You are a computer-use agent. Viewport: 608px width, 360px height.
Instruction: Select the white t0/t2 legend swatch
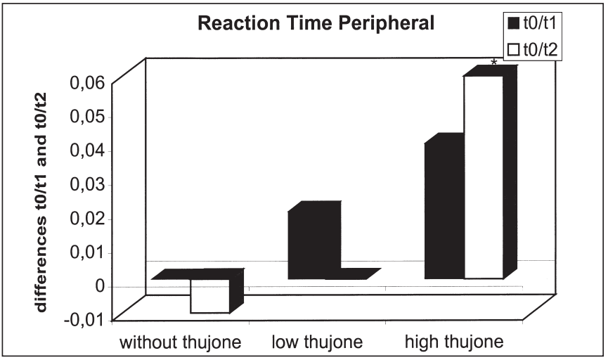512,51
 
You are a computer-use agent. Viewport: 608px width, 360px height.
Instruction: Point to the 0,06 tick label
86,83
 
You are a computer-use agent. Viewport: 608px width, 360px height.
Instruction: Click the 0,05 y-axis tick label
86,117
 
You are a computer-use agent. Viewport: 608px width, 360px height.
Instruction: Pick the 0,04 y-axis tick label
86,150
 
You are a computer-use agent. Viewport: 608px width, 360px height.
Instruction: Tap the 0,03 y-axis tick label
86,184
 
